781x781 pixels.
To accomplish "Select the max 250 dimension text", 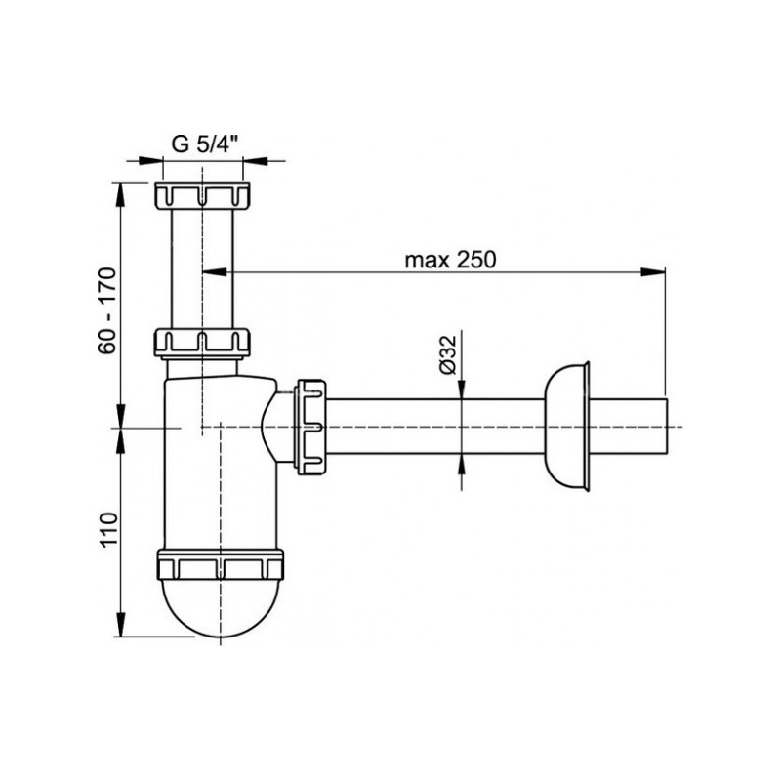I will pos(451,260).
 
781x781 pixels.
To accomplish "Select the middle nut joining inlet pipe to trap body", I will pos(203,341).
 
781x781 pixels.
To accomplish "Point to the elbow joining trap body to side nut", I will pos(276,425).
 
